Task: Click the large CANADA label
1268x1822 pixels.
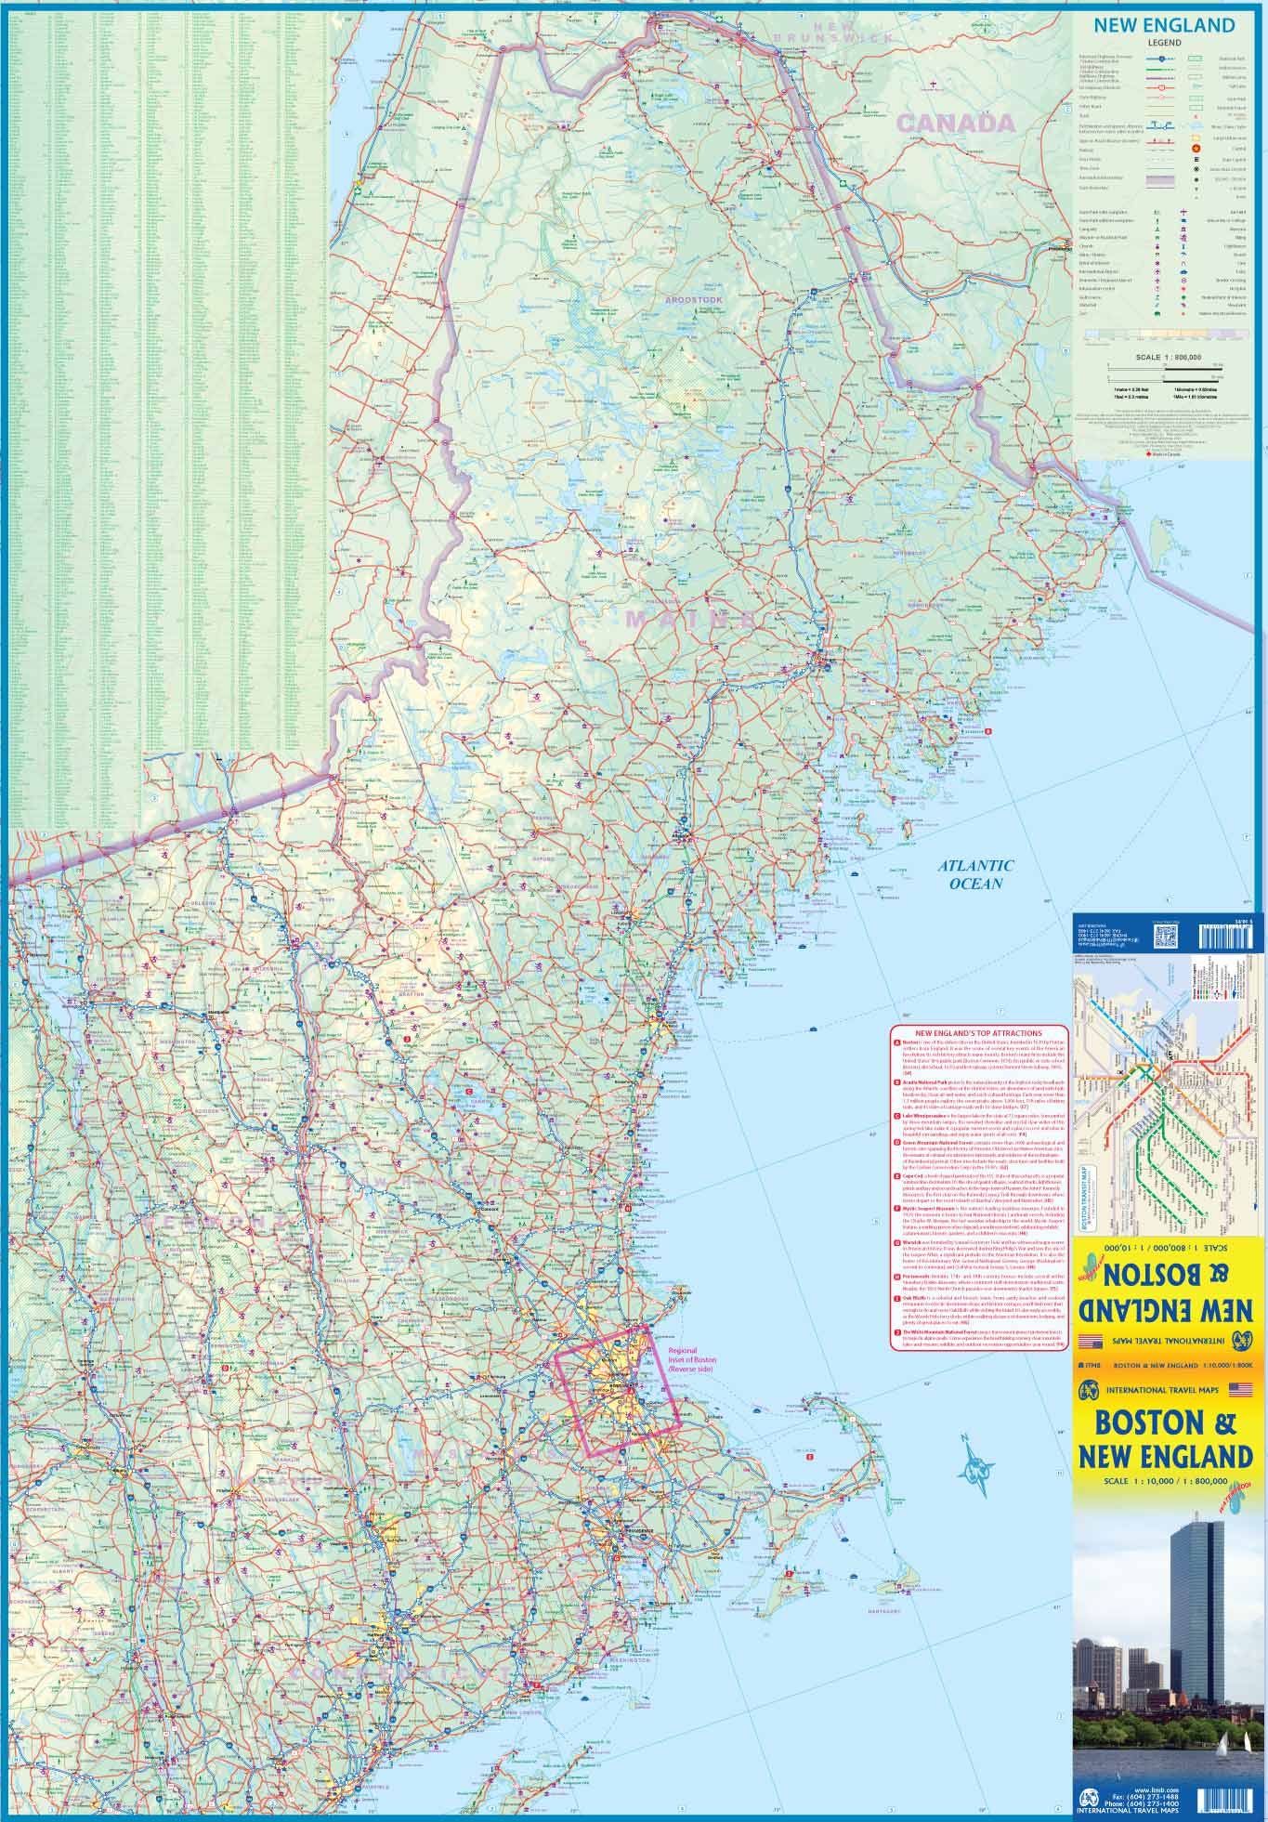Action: (x=955, y=123)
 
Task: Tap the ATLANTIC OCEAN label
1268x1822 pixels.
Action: (x=975, y=874)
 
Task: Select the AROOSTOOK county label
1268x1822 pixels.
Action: (x=692, y=301)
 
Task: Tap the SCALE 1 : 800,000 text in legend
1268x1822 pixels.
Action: (x=1161, y=357)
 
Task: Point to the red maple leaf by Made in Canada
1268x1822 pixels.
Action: (x=1147, y=454)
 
